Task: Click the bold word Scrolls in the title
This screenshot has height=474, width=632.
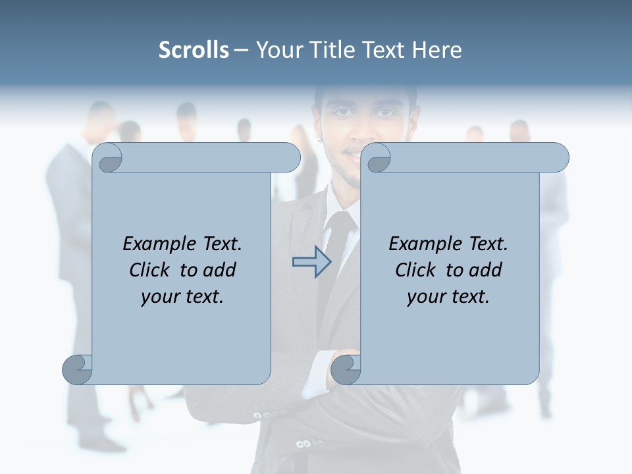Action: (194, 50)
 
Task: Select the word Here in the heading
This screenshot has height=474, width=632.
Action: (437, 50)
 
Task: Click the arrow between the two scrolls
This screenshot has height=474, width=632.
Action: (311, 262)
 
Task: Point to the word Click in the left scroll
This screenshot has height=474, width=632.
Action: (151, 270)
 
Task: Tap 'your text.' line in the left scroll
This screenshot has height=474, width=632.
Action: (182, 297)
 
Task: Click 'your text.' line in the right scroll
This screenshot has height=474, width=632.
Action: (448, 297)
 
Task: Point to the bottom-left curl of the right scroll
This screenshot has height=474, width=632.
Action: (346, 369)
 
